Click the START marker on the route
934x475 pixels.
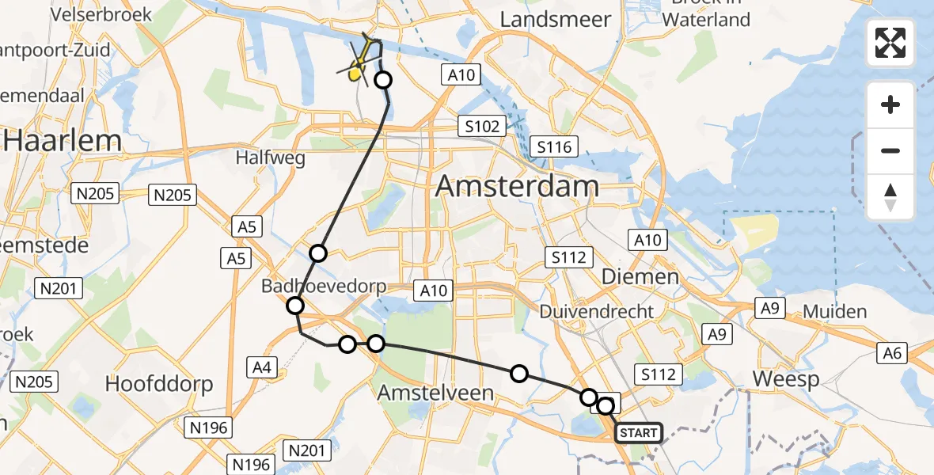tap(638, 433)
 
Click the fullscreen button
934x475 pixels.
tap(890, 43)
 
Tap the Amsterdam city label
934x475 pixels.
tap(517, 187)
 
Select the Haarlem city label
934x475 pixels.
tap(63, 141)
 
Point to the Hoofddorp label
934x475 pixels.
tap(159, 385)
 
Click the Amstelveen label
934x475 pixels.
tap(435, 392)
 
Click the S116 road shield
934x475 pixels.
tap(556, 146)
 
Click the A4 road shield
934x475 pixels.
tap(263, 367)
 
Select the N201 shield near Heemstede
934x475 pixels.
tap(58, 288)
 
